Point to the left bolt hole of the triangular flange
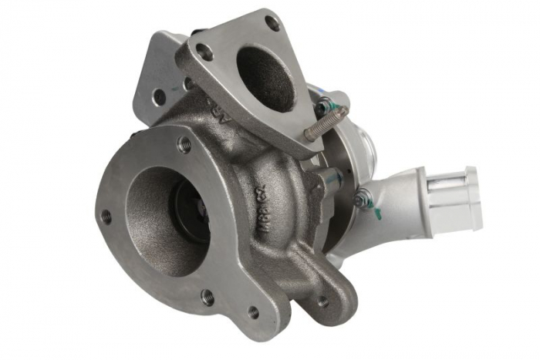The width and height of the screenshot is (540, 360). pos(204,52)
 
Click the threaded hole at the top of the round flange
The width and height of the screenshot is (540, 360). pos(184,143)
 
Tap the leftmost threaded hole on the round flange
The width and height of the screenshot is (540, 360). pos(106,217)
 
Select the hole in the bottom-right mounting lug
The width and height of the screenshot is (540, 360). pos(322,301)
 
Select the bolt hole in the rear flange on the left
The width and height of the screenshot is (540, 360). pos(158,96)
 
